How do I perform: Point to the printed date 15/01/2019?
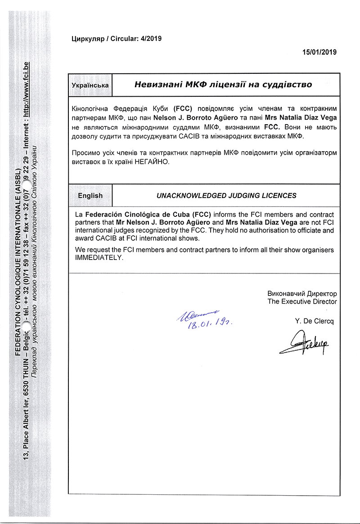tap(319, 52)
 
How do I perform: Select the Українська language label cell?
tap(90, 85)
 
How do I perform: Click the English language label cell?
tap(90, 196)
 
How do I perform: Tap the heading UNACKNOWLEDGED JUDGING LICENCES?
tap(226, 196)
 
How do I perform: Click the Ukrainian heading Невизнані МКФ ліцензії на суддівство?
tap(224, 85)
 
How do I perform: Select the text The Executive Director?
tap(302, 301)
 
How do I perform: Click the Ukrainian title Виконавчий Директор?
tap(302, 293)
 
